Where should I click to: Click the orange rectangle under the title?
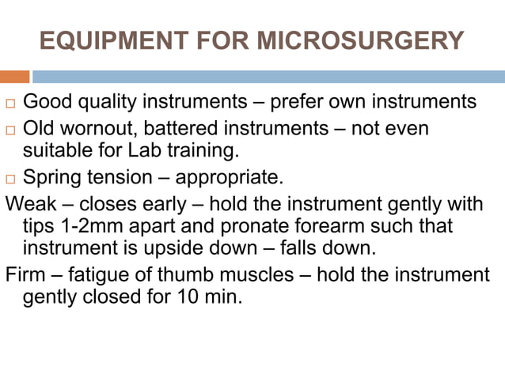point(14,77)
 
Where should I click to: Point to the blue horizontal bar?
point(268,77)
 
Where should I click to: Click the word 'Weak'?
point(29,203)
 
